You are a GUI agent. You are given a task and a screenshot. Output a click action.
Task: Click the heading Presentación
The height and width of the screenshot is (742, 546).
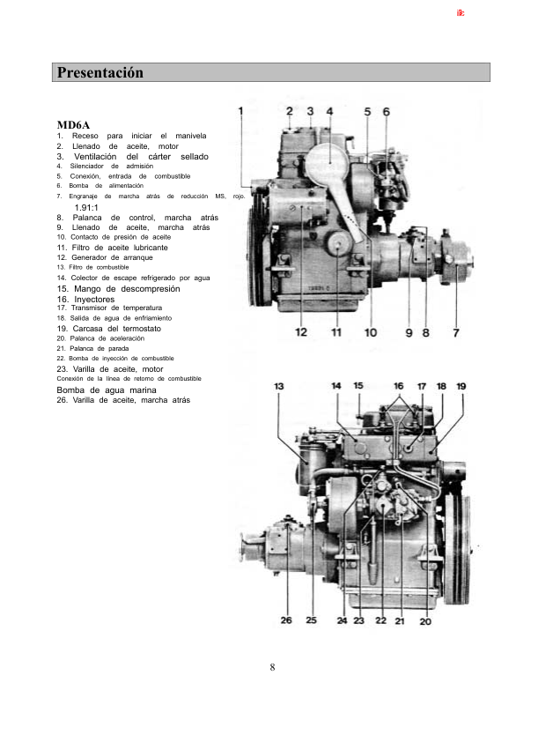click(100, 72)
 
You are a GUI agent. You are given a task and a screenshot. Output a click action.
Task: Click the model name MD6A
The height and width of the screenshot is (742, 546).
click(73, 125)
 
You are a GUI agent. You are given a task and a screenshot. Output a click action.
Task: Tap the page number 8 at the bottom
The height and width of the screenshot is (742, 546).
click(273, 666)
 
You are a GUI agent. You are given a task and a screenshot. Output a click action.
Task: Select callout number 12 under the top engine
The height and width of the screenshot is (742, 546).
click(301, 332)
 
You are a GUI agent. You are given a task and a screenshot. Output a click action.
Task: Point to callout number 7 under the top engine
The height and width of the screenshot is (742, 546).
click(455, 332)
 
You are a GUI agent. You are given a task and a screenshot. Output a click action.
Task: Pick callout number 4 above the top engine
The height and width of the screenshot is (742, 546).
click(329, 111)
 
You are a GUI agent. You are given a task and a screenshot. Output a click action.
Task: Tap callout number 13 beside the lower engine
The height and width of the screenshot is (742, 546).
click(279, 386)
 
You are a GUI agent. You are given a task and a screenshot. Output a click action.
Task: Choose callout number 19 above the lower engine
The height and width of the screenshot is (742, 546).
click(461, 386)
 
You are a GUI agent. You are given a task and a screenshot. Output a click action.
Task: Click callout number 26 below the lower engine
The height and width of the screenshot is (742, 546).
click(286, 620)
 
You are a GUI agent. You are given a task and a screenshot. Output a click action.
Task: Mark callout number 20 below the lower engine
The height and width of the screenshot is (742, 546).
click(425, 620)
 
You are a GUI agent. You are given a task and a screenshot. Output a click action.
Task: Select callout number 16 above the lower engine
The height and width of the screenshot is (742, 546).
click(399, 386)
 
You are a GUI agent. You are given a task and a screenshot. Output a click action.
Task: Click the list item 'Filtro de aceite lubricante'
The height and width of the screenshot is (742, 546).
click(119, 248)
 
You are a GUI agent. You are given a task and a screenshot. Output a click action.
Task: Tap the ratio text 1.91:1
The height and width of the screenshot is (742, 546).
click(85, 207)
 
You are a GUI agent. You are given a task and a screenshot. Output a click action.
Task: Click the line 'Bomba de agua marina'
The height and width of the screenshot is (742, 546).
click(107, 389)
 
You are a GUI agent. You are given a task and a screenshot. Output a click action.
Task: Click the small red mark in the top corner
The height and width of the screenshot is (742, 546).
click(460, 14)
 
